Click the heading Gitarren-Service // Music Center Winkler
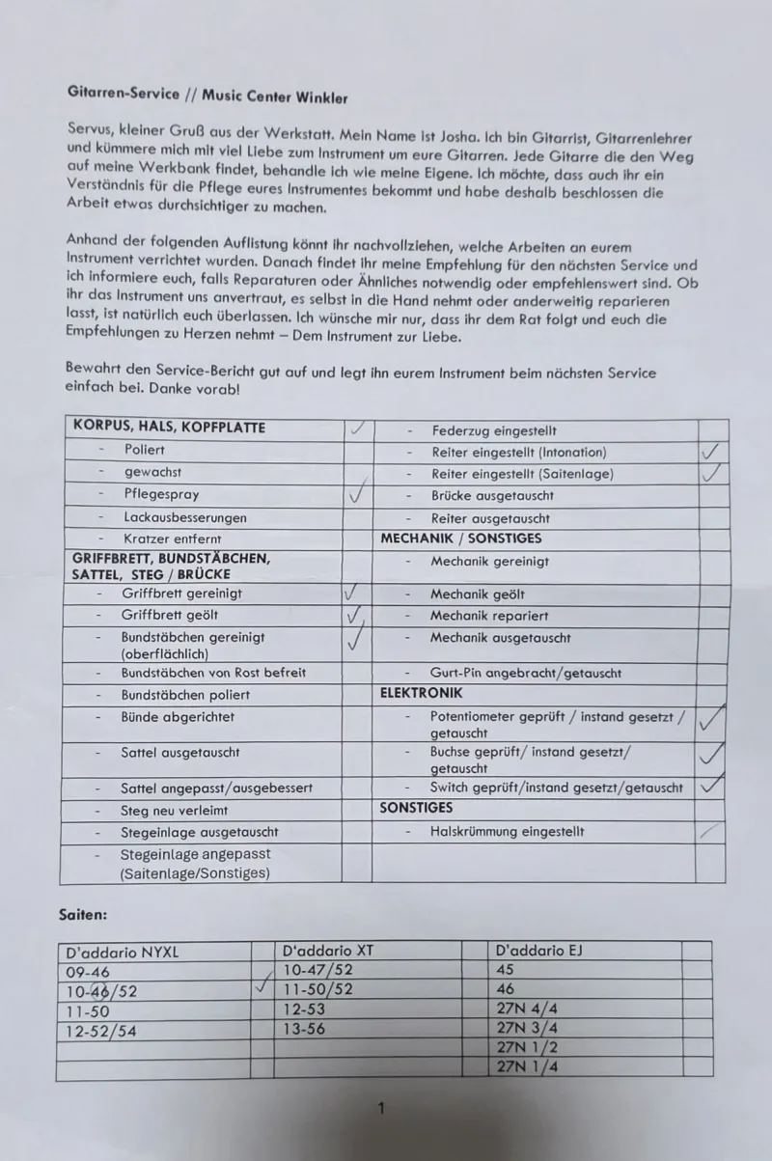click(x=207, y=96)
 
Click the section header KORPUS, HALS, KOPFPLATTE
click(x=169, y=427)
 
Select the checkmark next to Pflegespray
click(x=357, y=495)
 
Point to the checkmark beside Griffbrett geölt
click(x=355, y=615)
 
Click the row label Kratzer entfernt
click(x=173, y=539)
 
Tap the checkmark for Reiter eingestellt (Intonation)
click(x=711, y=452)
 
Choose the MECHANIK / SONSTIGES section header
click(x=460, y=539)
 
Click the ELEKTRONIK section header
click(x=422, y=693)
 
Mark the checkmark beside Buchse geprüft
click(x=711, y=753)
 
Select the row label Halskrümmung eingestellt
click(x=508, y=831)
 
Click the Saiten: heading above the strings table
click(x=82, y=913)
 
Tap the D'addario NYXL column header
click(x=122, y=952)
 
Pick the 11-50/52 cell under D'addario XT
click(x=318, y=989)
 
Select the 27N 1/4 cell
click(x=526, y=1066)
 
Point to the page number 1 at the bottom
click(x=381, y=1109)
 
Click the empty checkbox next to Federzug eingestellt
click(x=711, y=429)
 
